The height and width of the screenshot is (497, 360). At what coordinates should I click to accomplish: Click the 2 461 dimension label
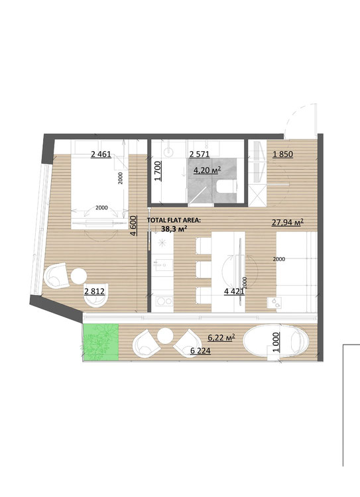click(101, 154)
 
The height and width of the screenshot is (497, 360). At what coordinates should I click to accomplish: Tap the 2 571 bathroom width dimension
click(200, 154)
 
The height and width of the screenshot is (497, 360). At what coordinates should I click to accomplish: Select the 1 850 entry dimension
click(283, 154)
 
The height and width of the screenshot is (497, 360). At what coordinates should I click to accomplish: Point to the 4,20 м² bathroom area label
click(207, 170)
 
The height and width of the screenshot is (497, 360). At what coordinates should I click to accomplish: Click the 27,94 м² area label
click(288, 222)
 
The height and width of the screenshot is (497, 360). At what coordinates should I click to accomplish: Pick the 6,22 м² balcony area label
click(221, 337)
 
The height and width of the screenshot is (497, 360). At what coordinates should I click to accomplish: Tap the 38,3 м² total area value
click(174, 229)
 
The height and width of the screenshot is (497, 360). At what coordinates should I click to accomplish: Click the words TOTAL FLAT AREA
click(174, 220)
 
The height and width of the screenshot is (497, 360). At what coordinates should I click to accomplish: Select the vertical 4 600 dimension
click(133, 226)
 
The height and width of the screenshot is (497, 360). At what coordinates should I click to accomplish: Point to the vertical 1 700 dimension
click(158, 171)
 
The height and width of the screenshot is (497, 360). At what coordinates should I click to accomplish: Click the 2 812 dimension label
click(94, 291)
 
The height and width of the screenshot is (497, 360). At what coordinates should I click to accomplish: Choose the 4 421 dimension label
click(235, 292)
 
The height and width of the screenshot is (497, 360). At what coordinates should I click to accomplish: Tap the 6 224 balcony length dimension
click(200, 351)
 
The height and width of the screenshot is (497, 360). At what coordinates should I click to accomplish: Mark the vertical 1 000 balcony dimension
click(276, 342)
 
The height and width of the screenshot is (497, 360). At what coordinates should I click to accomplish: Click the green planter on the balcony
click(101, 342)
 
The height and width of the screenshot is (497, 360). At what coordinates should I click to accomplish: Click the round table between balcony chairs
click(164, 336)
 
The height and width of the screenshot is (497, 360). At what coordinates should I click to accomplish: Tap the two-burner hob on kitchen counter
click(162, 301)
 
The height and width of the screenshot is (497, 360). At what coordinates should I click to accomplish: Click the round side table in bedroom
click(79, 276)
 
